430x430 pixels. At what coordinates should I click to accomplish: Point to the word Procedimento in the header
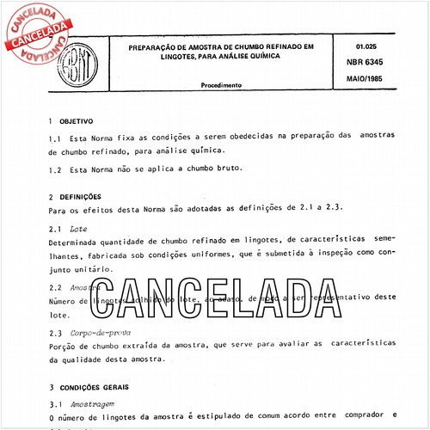point(222,85)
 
